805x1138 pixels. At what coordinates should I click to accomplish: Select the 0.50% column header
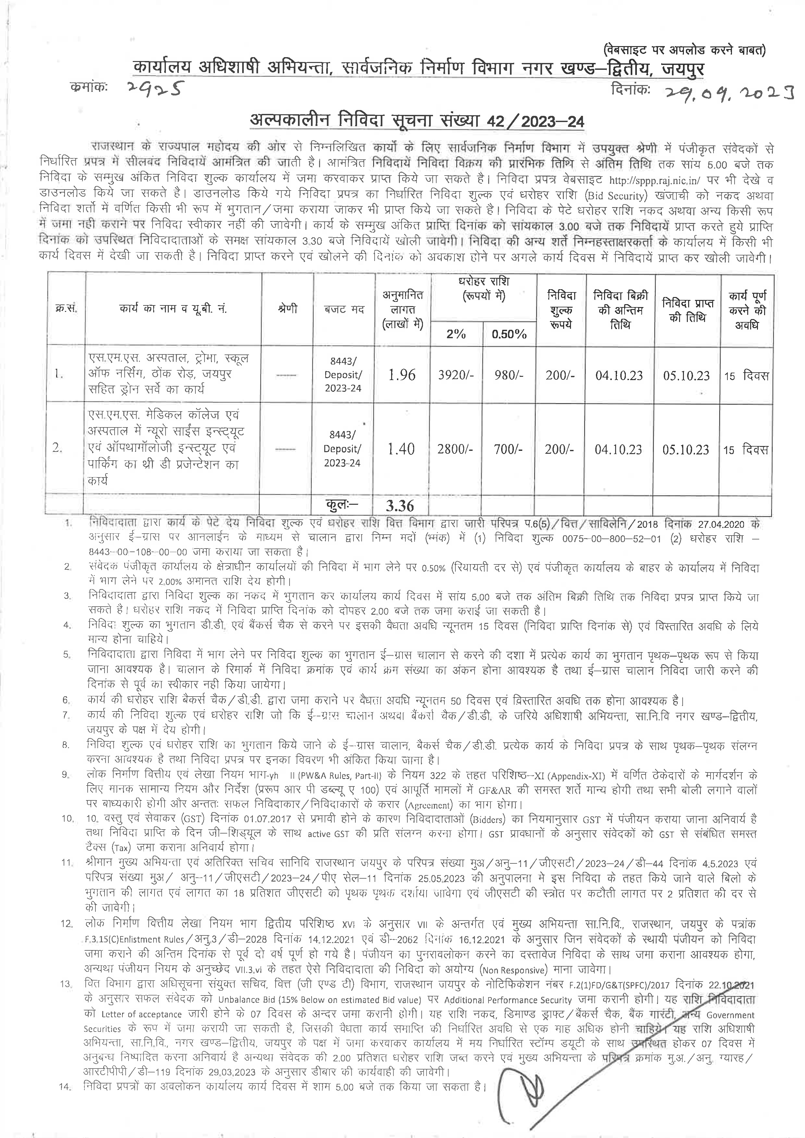(x=509, y=334)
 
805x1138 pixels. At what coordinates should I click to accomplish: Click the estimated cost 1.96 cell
(x=402, y=375)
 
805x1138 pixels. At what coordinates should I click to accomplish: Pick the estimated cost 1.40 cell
(x=401, y=449)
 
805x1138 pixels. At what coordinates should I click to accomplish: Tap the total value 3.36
(x=400, y=506)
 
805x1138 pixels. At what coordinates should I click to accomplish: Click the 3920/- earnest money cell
(x=456, y=375)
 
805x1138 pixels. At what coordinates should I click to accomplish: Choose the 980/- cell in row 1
(x=509, y=375)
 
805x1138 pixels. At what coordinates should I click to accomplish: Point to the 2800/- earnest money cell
(x=455, y=449)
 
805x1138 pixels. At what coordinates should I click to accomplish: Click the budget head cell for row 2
(x=342, y=449)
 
